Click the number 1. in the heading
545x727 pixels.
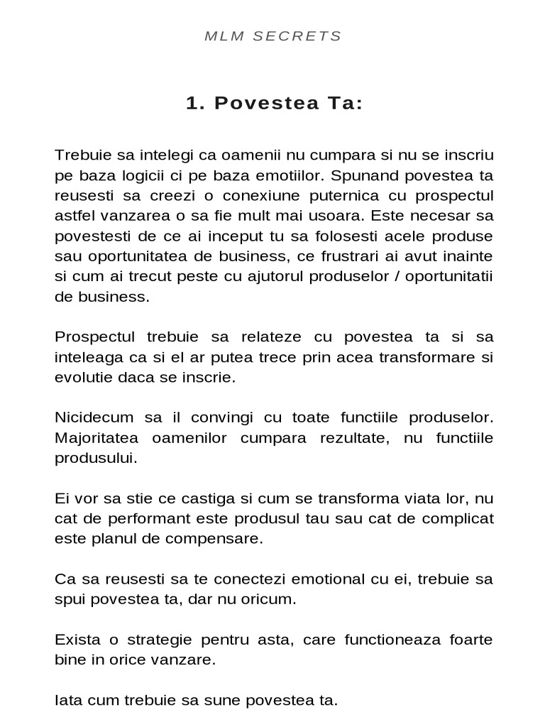(195, 104)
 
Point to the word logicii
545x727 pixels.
(155, 175)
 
